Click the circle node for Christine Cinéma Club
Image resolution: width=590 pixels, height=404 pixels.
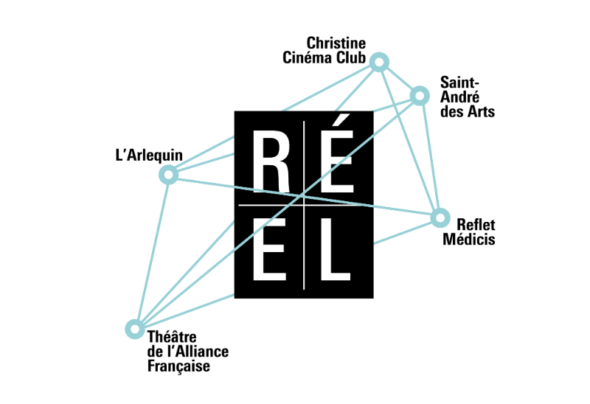click(379, 63)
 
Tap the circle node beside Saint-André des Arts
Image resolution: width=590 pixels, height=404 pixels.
click(420, 95)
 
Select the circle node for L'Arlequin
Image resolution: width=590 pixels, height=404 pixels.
click(168, 175)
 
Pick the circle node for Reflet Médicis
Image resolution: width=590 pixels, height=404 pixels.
click(440, 217)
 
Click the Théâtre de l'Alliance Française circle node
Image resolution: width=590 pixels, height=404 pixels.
click(134, 328)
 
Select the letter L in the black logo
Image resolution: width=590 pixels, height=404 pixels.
click(335, 249)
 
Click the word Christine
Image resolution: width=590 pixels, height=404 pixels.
click(336, 43)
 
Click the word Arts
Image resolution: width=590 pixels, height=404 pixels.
click(479, 112)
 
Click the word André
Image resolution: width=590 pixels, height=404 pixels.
click(457, 98)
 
